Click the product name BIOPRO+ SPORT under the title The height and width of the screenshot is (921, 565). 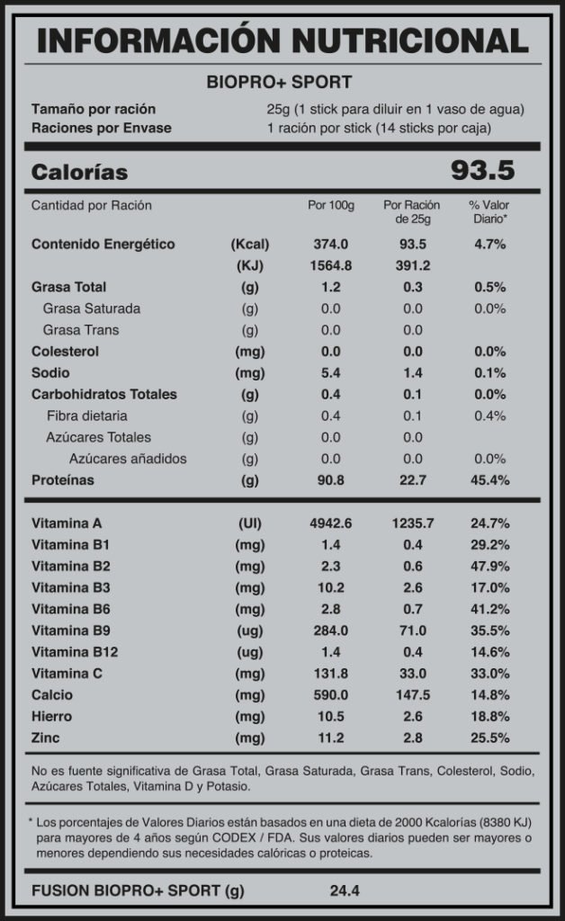pyautogui.click(x=280, y=83)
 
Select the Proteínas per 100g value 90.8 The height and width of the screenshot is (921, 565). pyautogui.click(x=330, y=480)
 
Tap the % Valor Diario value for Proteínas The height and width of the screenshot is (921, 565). pyautogui.click(x=491, y=480)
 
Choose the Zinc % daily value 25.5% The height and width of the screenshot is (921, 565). pyautogui.click(x=491, y=738)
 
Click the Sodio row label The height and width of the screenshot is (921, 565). pyautogui.click(x=50, y=372)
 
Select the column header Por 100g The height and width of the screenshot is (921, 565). pyautogui.click(x=330, y=205)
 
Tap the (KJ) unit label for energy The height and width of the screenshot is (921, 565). pyautogui.click(x=250, y=265)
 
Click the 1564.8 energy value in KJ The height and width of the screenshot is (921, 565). pyautogui.click(x=330, y=265)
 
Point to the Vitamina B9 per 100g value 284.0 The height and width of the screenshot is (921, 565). pyautogui.click(x=330, y=630)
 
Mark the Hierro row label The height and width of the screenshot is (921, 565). pyautogui.click(x=52, y=717)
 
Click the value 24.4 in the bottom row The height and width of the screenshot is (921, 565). pyautogui.click(x=345, y=891)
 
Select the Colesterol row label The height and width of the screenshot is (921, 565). pyautogui.click(x=65, y=351)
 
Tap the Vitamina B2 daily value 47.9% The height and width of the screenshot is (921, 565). pyautogui.click(x=491, y=566)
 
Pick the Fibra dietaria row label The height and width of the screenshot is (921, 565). pyautogui.click(x=86, y=416)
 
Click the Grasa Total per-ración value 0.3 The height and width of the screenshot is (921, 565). pyautogui.click(x=412, y=287)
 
